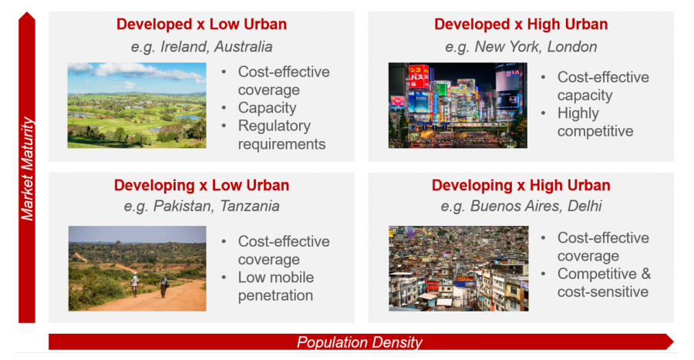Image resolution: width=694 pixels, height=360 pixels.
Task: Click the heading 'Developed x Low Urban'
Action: coord(201,24)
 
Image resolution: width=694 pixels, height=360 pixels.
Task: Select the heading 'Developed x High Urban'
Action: coord(521,24)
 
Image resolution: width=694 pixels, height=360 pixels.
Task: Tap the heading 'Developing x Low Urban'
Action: coord(201,185)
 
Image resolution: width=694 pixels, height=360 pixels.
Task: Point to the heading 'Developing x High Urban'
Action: coord(521,185)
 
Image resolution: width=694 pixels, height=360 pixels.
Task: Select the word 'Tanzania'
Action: coord(250,206)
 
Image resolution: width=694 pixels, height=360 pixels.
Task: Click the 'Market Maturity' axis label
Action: coord(27,169)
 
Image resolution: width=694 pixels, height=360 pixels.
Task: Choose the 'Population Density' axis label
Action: coord(359,342)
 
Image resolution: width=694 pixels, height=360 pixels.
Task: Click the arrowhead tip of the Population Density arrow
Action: coord(673,341)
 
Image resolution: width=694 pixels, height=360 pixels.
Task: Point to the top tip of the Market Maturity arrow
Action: coord(27,12)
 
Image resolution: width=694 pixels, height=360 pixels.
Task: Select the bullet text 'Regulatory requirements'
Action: coord(281,135)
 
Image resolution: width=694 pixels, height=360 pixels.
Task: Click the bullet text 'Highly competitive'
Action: coord(595,122)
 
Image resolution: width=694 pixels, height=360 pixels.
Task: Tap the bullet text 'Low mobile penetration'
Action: coord(276,286)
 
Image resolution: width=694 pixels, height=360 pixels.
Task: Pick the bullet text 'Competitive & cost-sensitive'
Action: coord(604,283)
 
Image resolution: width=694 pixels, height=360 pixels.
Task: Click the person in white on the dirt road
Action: coord(134,284)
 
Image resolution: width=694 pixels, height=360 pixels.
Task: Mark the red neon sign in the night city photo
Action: coord(418,76)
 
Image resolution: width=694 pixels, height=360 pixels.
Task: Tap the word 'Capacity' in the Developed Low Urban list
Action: coord(267,108)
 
